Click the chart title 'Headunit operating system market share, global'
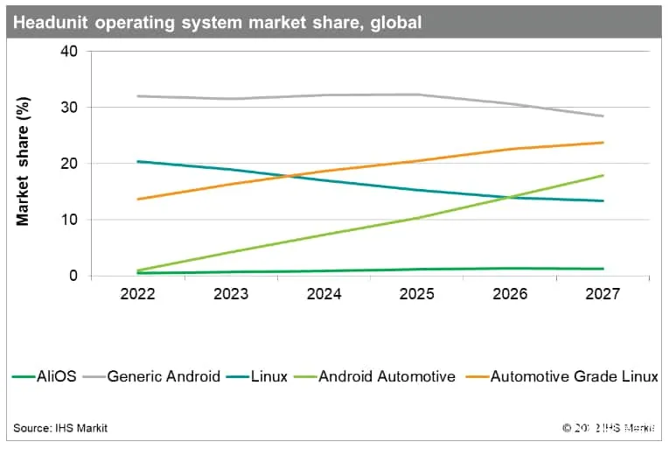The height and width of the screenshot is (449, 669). [218, 22]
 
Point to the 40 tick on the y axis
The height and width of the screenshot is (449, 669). [69, 52]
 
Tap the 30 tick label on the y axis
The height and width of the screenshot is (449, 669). [69, 108]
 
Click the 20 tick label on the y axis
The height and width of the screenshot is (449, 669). [69, 164]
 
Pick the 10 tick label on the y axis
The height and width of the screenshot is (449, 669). [69, 220]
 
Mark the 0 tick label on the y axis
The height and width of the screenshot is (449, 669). [73, 276]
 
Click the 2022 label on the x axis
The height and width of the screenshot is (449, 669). [138, 295]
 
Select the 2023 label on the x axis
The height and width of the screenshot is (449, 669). [231, 295]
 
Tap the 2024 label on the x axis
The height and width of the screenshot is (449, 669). [324, 295]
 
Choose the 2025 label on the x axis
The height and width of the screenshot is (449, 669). [417, 295]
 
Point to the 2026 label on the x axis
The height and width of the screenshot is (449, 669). [510, 295]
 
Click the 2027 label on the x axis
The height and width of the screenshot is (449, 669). [603, 295]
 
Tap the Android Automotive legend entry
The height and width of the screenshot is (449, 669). [387, 377]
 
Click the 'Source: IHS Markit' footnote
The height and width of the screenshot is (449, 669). [60, 428]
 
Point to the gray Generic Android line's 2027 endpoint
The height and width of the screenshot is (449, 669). [603, 116]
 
